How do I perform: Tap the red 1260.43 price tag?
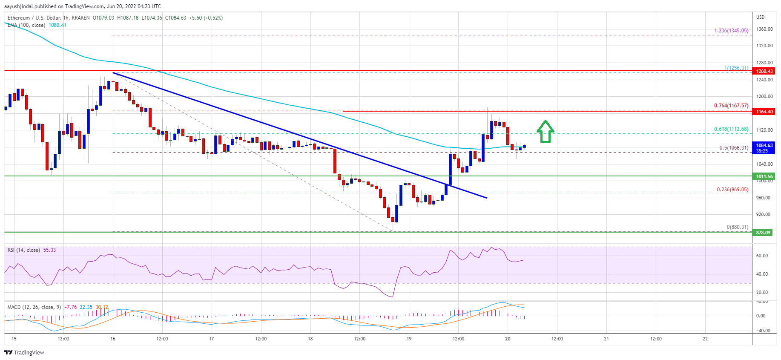pyautogui.click(x=764, y=71)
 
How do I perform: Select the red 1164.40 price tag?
pyautogui.click(x=764, y=112)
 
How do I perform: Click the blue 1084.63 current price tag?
pyautogui.click(x=764, y=147)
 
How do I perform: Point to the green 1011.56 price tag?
pyautogui.click(x=764, y=176)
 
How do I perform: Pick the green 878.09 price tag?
pyautogui.click(x=763, y=233)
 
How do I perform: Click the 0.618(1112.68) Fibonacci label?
pyautogui.click(x=731, y=129)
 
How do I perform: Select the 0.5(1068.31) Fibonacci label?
pyautogui.click(x=733, y=148)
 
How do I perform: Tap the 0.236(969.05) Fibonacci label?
pyautogui.click(x=732, y=190)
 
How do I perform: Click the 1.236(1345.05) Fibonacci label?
pyautogui.click(x=731, y=31)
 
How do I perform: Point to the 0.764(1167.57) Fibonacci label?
pyautogui.click(x=731, y=106)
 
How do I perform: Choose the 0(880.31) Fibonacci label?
pyautogui.click(x=737, y=227)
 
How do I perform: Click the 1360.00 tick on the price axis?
pyautogui.click(x=764, y=29)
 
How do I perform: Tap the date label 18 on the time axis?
pyautogui.click(x=310, y=339)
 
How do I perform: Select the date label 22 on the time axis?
pyautogui.click(x=705, y=339)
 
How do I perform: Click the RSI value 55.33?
pyautogui.click(x=49, y=250)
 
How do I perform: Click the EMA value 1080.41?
pyautogui.click(x=57, y=25)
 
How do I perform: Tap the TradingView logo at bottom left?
pyautogui.click(x=24, y=352)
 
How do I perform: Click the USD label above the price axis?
pyautogui.click(x=760, y=17)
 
